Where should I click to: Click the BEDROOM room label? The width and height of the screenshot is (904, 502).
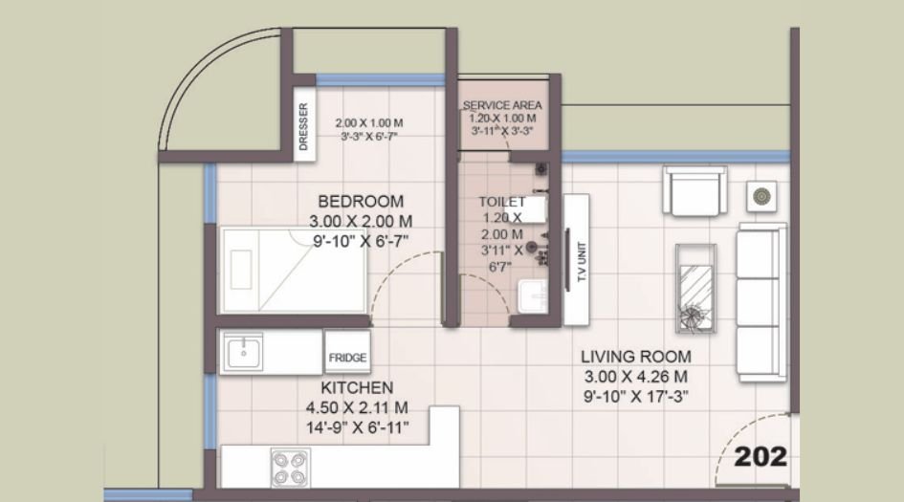pos(361,202)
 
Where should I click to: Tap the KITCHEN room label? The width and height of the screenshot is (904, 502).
pos(357,387)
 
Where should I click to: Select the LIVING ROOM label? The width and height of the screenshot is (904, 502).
pos(636,357)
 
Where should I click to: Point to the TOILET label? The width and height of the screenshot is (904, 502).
pos(502,202)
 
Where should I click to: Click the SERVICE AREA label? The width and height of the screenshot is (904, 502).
pos(502,104)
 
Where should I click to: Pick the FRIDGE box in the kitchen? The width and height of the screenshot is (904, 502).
pos(347,357)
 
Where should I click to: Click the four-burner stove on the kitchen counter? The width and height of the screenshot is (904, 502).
pos(290,468)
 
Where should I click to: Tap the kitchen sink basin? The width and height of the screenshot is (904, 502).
pos(244,352)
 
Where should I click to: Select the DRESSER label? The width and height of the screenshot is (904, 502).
pos(303,127)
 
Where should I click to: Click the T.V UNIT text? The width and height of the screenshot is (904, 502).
pos(579,258)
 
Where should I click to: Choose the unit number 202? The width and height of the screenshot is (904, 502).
pos(761,456)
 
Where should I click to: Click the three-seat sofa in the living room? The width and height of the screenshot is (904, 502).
pos(761,302)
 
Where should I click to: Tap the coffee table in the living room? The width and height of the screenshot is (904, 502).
pos(696,288)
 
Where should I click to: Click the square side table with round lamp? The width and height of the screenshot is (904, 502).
pos(762,196)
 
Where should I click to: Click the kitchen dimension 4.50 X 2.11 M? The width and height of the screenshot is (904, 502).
pos(357,407)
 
